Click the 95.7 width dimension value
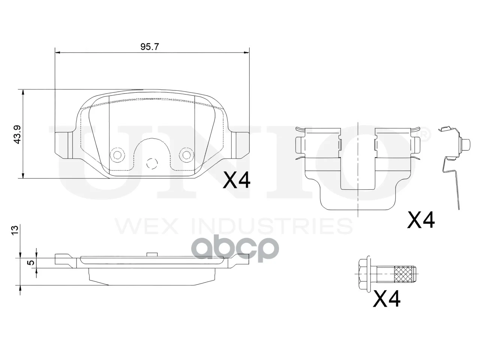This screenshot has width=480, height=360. pyautogui.click(x=149, y=46)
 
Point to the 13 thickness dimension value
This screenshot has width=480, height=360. pyautogui.click(x=15, y=230)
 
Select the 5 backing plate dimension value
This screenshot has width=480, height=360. pyautogui.click(x=32, y=262)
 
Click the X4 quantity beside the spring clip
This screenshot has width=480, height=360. pyautogui.click(x=421, y=219)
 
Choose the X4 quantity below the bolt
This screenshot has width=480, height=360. pyautogui.click(x=387, y=299)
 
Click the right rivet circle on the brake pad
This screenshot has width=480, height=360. pyautogui.click(x=186, y=155)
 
